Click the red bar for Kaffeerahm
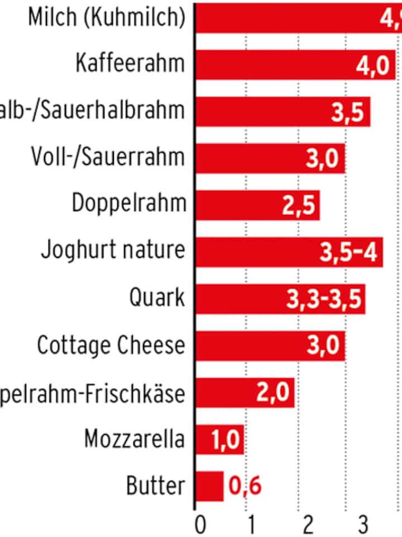274,65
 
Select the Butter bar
210,486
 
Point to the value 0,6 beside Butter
246,486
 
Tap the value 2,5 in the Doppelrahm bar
299,205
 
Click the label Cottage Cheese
111,345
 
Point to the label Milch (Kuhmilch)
106,17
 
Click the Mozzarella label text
134,439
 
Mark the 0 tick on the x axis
200,525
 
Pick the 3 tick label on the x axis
362,525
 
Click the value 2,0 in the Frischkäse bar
274,393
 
